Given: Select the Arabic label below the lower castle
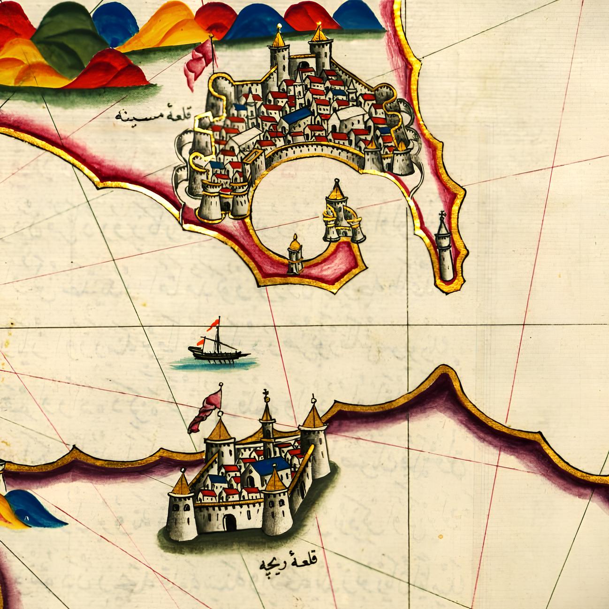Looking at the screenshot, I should [x=288, y=562].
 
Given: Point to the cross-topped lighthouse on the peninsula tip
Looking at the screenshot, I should [x=444, y=249].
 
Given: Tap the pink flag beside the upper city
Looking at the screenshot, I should [x=200, y=61].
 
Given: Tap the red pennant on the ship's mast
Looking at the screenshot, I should [x=214, y=323].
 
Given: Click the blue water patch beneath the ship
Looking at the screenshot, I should [x=214, y=363].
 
